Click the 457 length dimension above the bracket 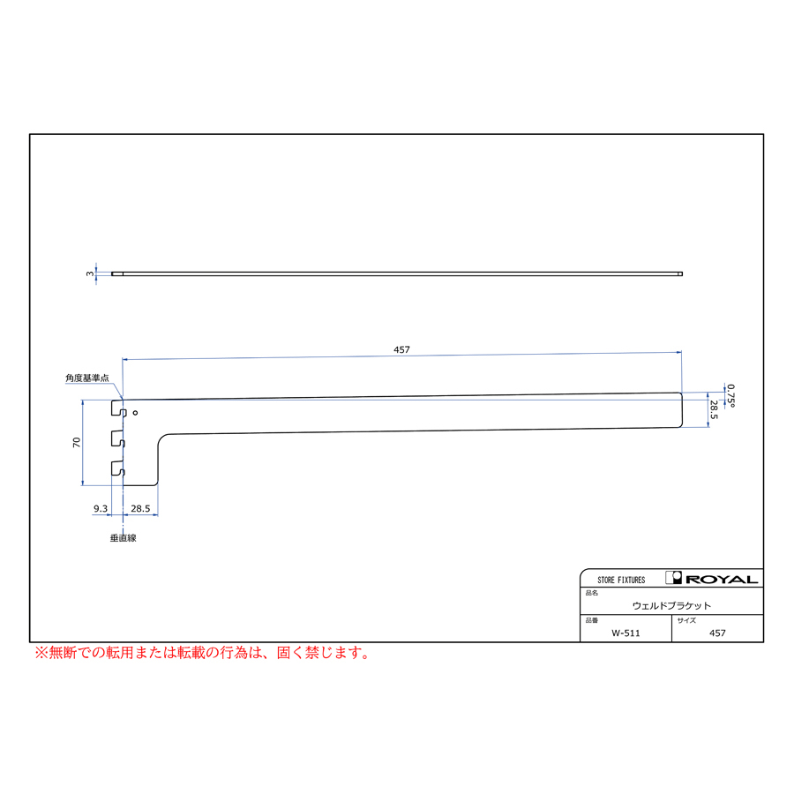coord(401,349)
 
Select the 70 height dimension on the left coord(77,442)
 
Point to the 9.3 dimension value coord(101,508)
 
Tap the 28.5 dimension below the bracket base coord(140,508)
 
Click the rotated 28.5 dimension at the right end coord(714,409)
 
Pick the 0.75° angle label coord(730,395)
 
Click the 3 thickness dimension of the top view coord(90,273)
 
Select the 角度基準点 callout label coord(87,378)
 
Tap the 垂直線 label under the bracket coord(123,538)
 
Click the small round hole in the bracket coord(135,413)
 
